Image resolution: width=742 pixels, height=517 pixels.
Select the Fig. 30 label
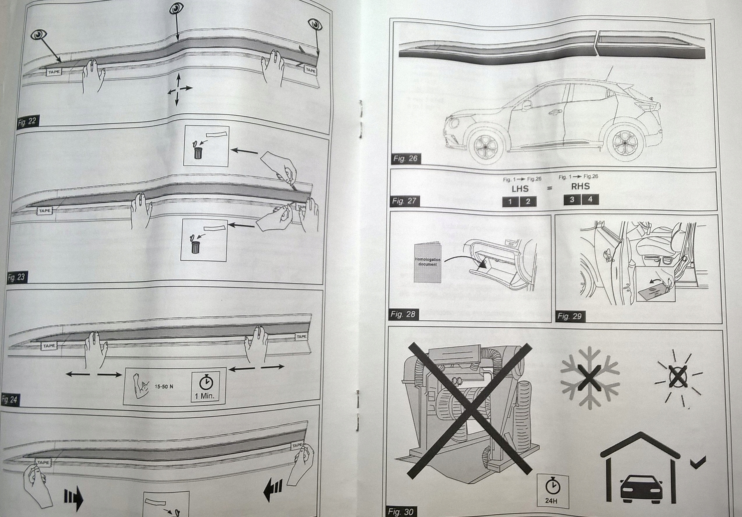point(400,511)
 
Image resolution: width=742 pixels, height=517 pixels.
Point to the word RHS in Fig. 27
point(581,186)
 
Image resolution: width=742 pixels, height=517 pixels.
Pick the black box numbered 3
point(572,199)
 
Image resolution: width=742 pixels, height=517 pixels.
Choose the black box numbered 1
point(510,202)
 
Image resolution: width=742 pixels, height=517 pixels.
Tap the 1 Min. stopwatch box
point(205,387)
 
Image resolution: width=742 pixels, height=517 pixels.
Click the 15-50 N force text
point(163,387)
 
